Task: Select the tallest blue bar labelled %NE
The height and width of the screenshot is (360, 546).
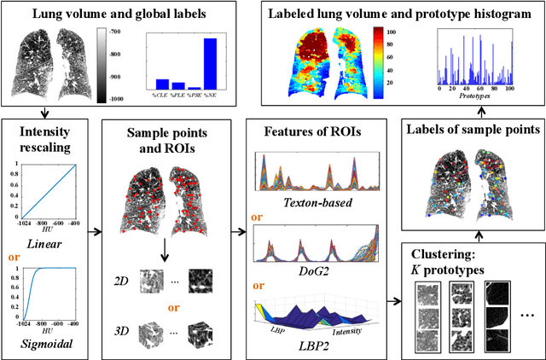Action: click(210, 64)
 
